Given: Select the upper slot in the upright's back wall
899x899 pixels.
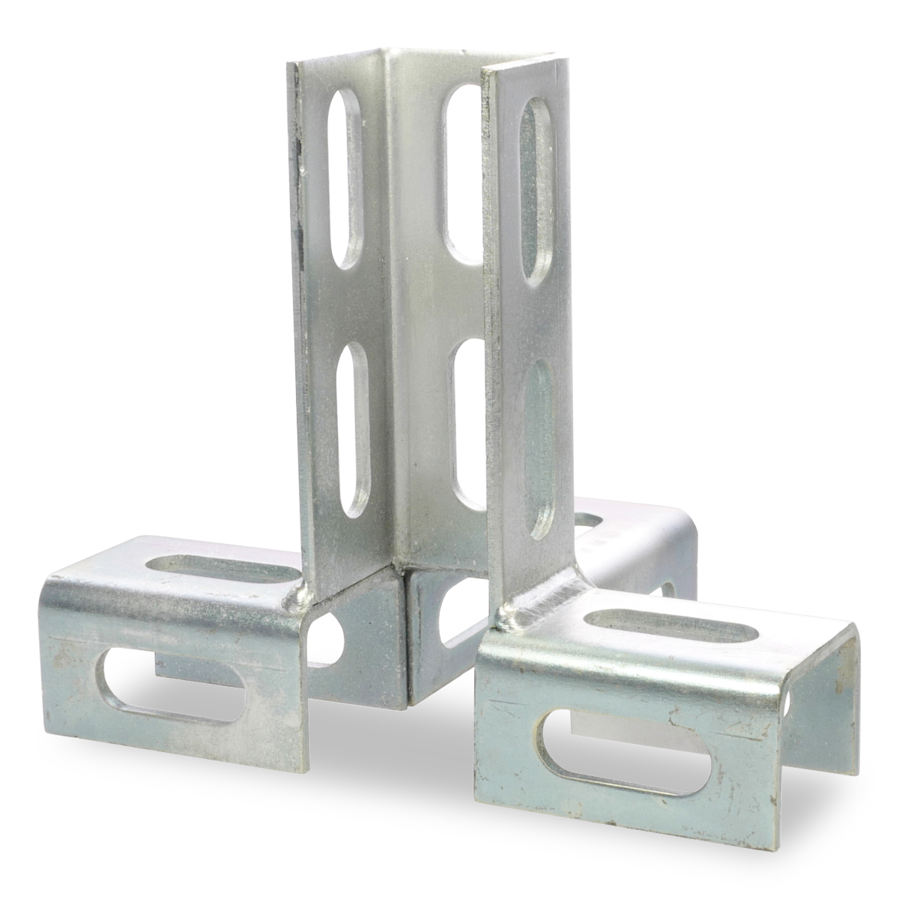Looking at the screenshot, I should click(462, 177).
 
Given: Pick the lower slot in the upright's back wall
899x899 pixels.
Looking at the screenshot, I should click(470, 423).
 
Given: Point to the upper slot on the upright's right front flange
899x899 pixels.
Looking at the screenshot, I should click(536, 191).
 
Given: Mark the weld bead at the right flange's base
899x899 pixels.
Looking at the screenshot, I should click(517, 611).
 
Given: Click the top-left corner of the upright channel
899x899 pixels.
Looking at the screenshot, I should click(290, 64).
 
